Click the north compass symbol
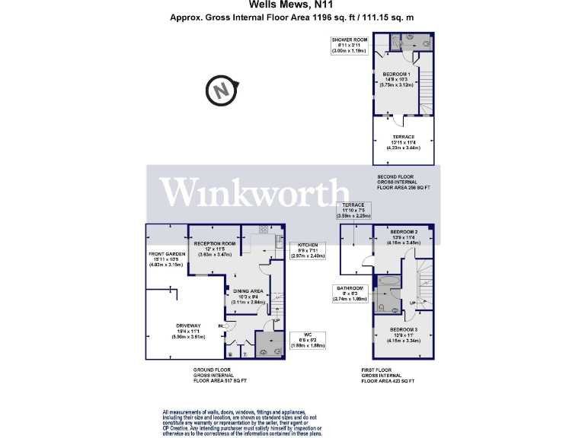221,91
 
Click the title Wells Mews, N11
292,5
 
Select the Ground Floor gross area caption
220,375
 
